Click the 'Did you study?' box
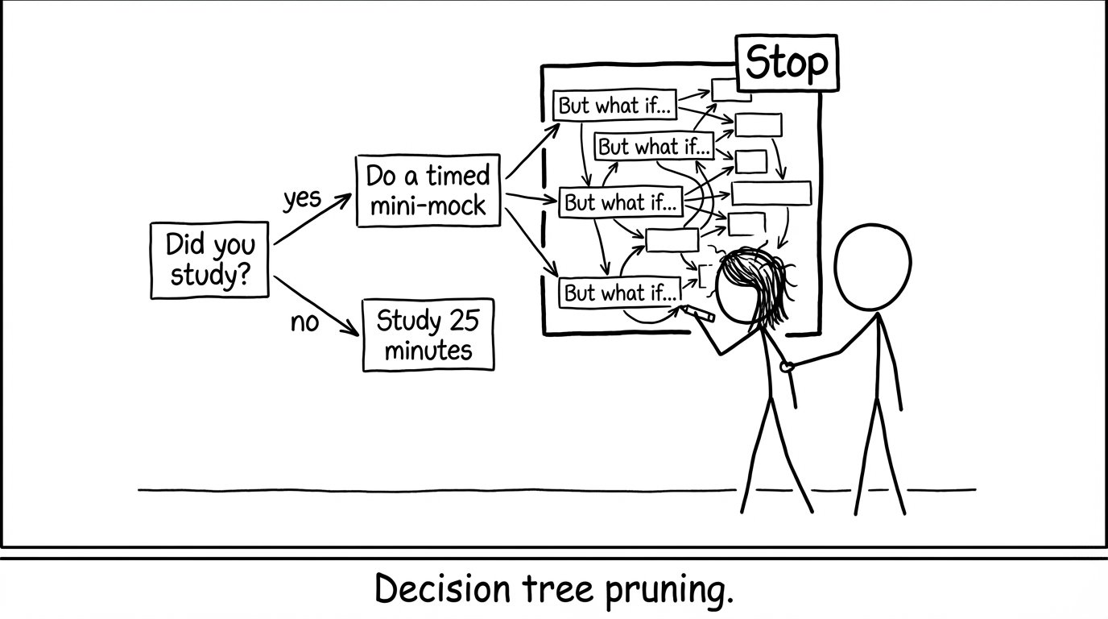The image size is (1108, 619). click(x=209, y=260)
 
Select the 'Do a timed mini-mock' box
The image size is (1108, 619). click(x=428, y=190)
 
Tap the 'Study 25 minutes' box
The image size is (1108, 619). click(x=428, y=335)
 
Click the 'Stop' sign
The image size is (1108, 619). click(x=787, y=63)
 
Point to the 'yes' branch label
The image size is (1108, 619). click(x=302, y=198)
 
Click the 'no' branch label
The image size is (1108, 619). click(x=304, y=322)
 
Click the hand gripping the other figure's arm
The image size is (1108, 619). click(x=787, y=367)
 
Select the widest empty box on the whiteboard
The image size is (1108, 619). click(x=771, y=193)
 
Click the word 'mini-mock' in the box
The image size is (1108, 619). click(x=428, y=205)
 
